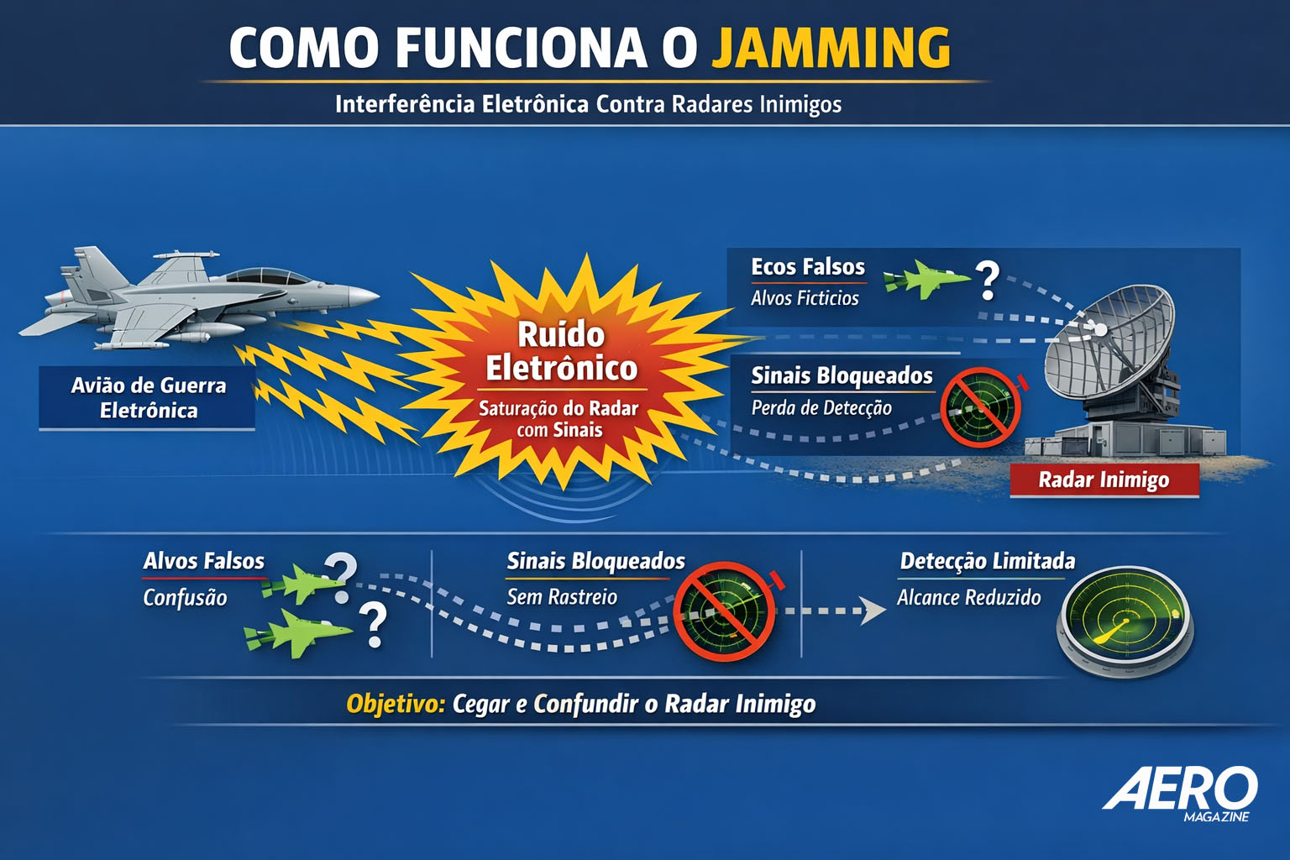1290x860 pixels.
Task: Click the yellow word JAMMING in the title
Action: (831, 48)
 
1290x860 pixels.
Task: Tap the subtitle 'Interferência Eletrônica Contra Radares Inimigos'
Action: (588, 104)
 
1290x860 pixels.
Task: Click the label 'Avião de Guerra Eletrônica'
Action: (148, 398)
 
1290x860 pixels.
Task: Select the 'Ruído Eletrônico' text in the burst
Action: (561, 351)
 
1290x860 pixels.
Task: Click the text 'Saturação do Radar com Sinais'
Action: (558, 419)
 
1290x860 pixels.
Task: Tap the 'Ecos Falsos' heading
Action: (807, 267)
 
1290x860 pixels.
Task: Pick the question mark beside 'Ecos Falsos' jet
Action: (987, 281)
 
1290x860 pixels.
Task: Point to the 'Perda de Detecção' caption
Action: (821, 408)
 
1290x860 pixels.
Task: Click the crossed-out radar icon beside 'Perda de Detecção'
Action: (979, 406)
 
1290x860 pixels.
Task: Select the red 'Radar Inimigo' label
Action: (1104, 480)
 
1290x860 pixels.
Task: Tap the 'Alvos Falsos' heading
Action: (203, 561)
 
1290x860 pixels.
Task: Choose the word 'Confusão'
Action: (185, 598)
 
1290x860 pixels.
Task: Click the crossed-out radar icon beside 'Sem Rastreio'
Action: (724, 611)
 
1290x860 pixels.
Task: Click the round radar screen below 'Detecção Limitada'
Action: (1125, 619)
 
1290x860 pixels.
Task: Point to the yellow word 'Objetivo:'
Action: (395, 704)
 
